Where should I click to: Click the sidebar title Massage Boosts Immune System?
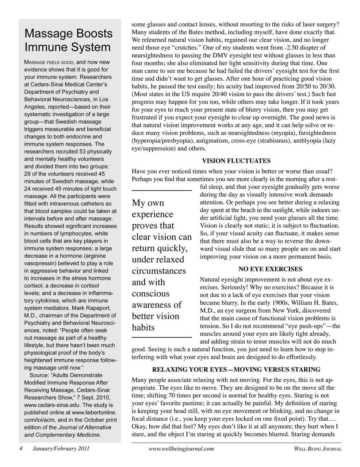(x=68, y=40)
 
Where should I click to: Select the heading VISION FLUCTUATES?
(x=236, y=161)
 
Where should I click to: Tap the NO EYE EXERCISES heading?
(x=270, y=269)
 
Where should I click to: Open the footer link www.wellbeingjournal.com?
(x=181, y=449)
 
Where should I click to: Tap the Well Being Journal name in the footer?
(x=318, y=449)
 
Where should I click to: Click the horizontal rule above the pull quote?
(x=161, y=190)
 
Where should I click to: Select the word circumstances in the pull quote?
(x=159, y=271)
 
